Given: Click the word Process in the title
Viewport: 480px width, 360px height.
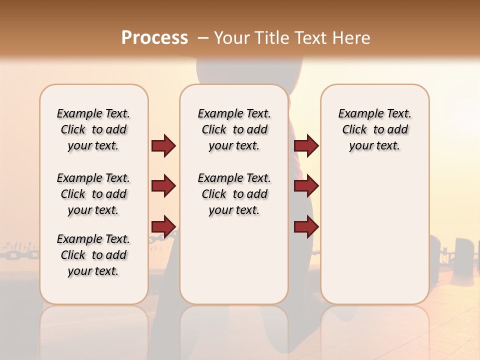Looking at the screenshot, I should click(x=154, y=38).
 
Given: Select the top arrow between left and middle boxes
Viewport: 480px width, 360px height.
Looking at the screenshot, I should click(x=163, y=145).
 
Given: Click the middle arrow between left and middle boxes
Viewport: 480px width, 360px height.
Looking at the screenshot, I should click(x=163, y=186).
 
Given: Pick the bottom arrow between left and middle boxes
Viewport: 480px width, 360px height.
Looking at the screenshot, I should click(x=163, y=226).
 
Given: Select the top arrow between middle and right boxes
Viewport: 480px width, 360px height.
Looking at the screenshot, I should click(x=306, y=145).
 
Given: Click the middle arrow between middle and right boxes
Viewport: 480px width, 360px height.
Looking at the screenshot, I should click(x=306, y=186).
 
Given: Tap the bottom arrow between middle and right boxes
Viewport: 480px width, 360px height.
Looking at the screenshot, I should click(x=306, y=226).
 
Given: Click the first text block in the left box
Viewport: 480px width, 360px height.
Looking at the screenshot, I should click(x=93, y=129).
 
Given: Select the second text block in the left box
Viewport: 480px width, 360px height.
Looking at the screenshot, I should click(x=93, y=194).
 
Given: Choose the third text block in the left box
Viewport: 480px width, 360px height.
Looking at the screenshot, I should click(x=93, y=255).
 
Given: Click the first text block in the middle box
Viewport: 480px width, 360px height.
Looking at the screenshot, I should click(x=234, y=129).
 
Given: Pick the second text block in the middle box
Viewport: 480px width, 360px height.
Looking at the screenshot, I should click(x=234, y=194).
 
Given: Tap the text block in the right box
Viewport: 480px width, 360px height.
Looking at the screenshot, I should click(x=374, y=129).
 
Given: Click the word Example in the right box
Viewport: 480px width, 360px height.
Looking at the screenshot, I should click(x=356, y=114).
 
